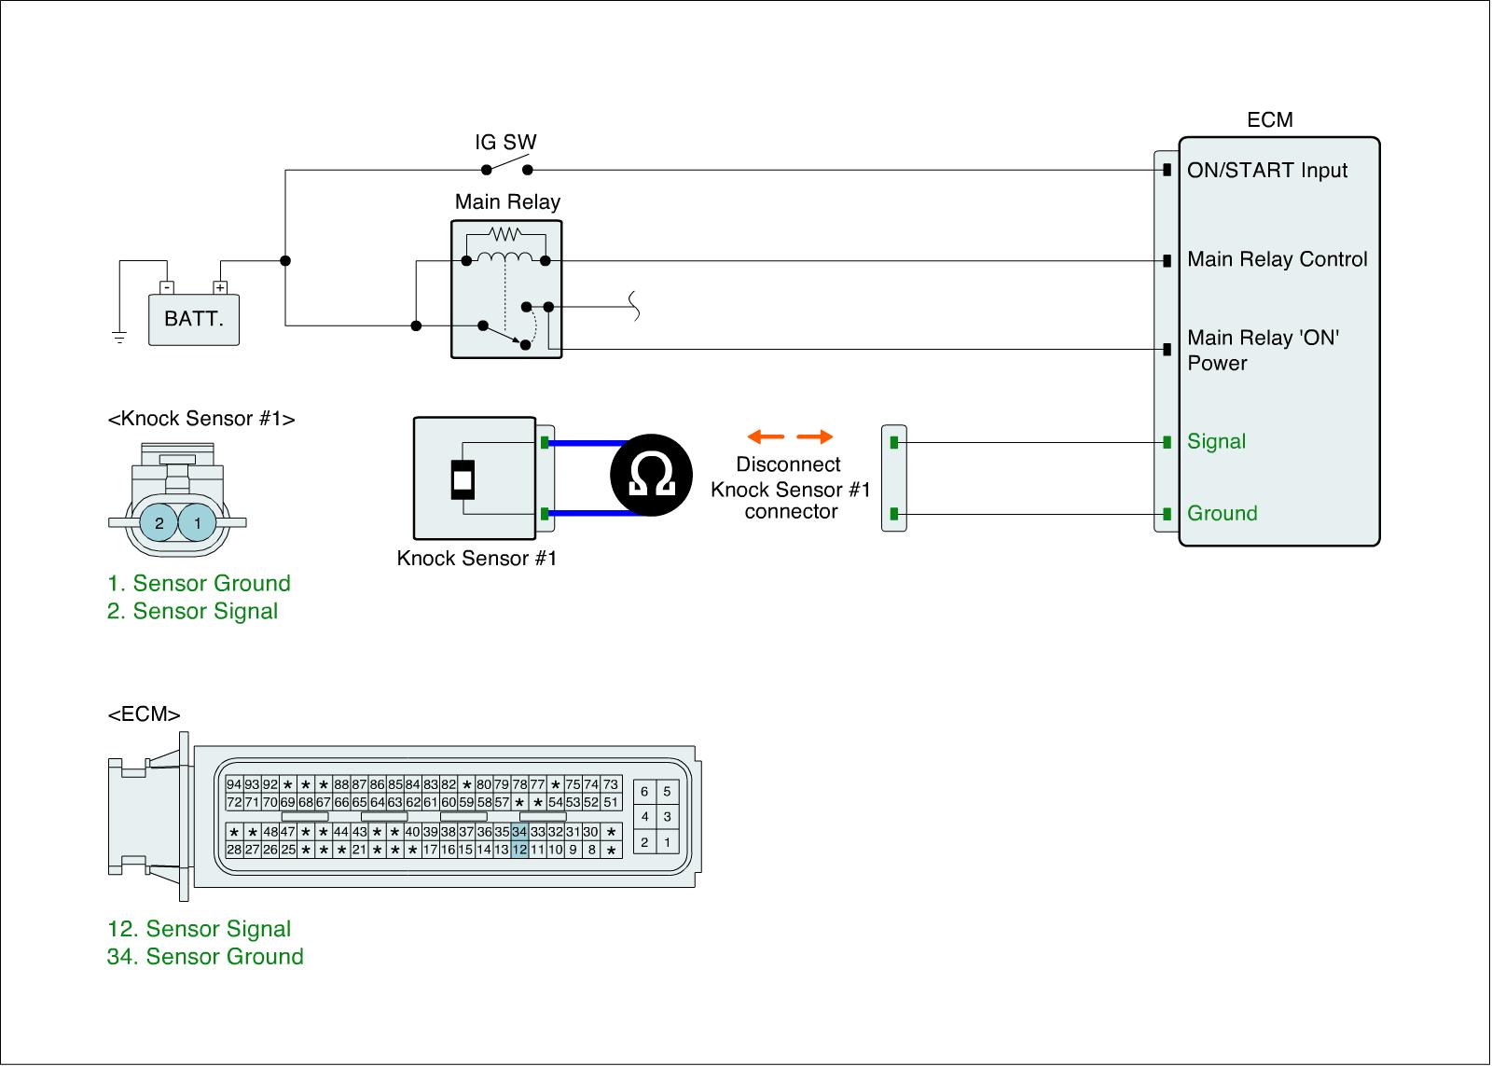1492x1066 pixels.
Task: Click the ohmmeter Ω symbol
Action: (652, 476)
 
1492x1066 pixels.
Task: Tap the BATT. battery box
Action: (194, 319)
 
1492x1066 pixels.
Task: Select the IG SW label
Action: (505, 143)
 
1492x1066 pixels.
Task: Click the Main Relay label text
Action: (507, 202)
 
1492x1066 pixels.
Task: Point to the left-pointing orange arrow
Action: (766, 436)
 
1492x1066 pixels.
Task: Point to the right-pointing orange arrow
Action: (815, 436)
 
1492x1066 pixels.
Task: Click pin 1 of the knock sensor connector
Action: (198, 523)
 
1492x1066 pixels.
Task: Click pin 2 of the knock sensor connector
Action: (159, 523)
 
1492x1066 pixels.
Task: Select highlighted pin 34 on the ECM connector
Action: (519, 832)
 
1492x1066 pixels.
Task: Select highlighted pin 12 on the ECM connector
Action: (519, 850)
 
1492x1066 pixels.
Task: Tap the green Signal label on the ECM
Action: (1216, 442)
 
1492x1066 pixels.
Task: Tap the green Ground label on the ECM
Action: (1222, 514)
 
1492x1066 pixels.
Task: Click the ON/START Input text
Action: (1266, 171)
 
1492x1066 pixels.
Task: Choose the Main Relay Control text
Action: (1277, 260)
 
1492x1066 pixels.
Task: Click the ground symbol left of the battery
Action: (119, 337)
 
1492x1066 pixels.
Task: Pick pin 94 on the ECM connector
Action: (234, 785)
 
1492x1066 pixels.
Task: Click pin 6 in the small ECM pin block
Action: (644, 792)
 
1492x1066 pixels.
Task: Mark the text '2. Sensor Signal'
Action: (193, 612)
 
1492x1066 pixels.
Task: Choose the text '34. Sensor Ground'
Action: (205, 957)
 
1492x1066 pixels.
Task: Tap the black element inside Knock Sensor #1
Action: (463, 479)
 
